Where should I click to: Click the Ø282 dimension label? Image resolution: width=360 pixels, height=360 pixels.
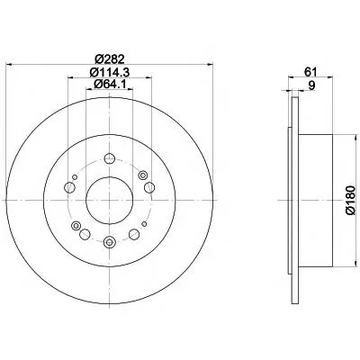click(109, 59)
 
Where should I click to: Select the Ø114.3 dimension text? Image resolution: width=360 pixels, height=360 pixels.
click(109, 72)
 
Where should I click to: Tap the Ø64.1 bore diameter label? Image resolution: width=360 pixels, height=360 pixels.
click(109, 85)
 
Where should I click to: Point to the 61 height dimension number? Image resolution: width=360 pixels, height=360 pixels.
click(310, 72)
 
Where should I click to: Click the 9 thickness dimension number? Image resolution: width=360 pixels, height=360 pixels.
click(312, 85)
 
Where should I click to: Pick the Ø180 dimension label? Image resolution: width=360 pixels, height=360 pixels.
click(350, 200)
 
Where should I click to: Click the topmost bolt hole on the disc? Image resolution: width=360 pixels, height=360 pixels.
click(109, 158)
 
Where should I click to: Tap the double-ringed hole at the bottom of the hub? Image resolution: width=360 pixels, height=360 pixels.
click(109, 242)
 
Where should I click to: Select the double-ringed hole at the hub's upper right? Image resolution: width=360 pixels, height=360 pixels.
click(142, 175)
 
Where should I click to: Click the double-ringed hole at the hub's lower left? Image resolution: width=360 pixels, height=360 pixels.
click(76, 225)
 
